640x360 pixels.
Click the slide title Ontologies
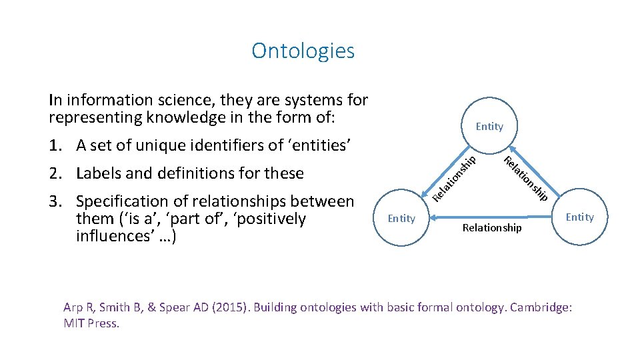click(x=303, y=51)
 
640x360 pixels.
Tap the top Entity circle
click(x=489, y=127)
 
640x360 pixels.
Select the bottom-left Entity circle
click(x=401, y=219)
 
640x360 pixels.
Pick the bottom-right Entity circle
click(x=579, y=217)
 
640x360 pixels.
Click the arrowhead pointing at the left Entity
click(x=434, y=217)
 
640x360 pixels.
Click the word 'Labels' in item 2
click(x=99, y=173)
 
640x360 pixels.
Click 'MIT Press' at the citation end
click(x=91, y=323)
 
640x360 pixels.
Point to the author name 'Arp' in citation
click(x=73, y=307)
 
